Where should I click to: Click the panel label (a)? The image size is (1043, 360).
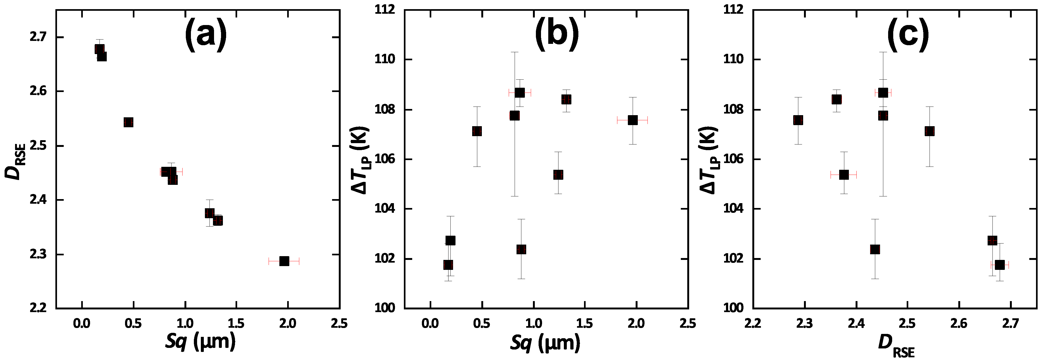(206, 36)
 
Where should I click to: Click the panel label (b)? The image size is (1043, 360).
(557, 36)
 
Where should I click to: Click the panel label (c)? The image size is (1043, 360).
(908, 36)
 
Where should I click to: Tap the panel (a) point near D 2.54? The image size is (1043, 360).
(128, 122)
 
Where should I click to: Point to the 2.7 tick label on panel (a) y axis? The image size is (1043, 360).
(38, 37)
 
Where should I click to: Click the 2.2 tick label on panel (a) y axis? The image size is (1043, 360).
(38, 308)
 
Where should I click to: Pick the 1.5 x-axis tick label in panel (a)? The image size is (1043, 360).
(236, 324)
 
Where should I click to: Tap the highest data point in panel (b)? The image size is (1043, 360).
(519, 93)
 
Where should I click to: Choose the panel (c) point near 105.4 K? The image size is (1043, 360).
(844, 175)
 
